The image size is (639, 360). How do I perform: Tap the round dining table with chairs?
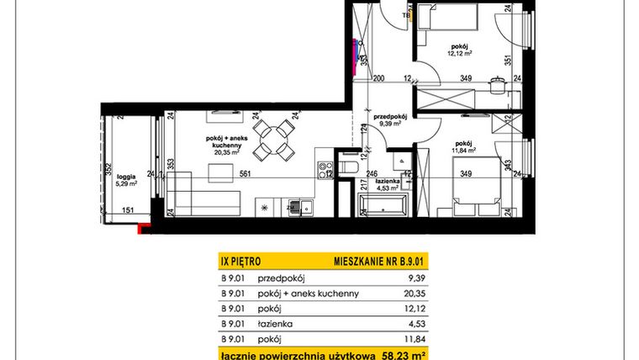click(x=274, y=137)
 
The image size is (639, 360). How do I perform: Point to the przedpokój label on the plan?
click(x=390, y=117)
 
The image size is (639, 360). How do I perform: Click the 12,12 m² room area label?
click(x=458, y=52)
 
